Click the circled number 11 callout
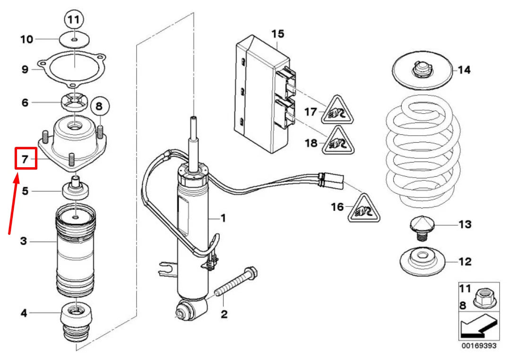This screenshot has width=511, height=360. coord(74,20)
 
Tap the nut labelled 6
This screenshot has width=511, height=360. coord(73,102)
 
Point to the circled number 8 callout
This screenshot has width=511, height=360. coord(98,107)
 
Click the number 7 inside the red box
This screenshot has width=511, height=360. coord(26,158)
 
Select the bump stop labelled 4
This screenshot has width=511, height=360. coord(76,321)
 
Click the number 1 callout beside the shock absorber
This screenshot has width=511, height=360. coord(223,218)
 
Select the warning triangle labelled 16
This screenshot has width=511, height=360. coord(364,208)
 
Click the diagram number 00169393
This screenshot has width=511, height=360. coord(479,345)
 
